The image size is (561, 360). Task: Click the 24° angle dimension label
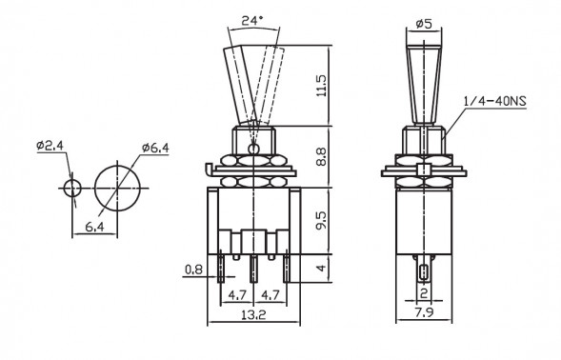252,20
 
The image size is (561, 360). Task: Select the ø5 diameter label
424,24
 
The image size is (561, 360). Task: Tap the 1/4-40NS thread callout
495,101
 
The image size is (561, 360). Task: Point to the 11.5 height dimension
322,86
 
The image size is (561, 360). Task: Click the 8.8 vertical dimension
321,157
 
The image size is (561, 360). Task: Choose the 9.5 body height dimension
321,220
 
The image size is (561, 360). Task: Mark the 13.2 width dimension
253,315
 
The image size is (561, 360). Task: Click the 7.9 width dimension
424,312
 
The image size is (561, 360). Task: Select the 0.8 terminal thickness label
193,270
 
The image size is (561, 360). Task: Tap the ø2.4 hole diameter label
50,146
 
